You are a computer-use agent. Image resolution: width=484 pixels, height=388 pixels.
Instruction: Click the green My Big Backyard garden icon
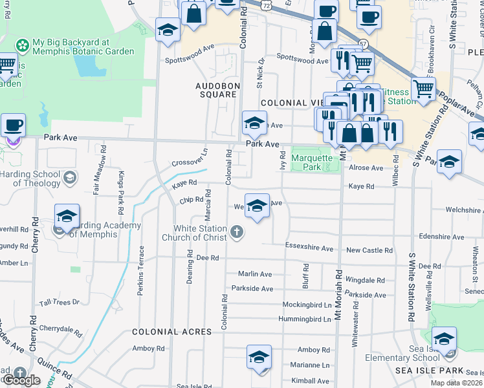23,45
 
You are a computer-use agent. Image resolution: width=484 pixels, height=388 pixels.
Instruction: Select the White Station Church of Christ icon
237,232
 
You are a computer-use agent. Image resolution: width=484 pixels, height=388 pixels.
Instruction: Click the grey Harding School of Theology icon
70,177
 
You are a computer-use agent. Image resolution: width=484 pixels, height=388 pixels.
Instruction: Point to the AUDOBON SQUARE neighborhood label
218,90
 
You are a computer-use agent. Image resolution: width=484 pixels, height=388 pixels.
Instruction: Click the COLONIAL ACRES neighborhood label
171,331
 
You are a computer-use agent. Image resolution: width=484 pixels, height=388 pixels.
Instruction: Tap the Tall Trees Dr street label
59,302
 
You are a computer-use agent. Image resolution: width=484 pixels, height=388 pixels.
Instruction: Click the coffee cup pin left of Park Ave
13,125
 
